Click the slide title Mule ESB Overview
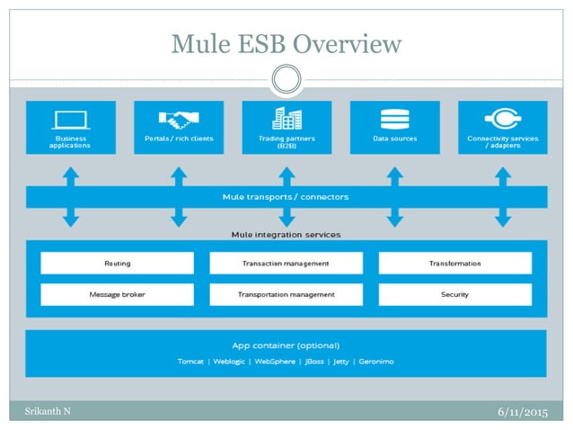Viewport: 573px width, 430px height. [286, 42]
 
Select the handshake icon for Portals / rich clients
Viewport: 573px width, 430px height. [179, 118]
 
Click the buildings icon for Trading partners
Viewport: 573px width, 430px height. [286, 117]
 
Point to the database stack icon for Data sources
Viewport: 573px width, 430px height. [394, 118]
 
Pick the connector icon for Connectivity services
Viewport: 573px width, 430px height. [502, 118]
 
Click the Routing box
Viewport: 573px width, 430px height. [117, 263]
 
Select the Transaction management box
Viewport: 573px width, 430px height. [286, 263]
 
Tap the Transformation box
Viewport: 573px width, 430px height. [454, 263]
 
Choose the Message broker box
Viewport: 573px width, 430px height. [117, 294]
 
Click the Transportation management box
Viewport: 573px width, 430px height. [286, 294]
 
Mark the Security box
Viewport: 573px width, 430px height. [454, 294]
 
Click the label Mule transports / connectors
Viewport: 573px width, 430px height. [286, 196]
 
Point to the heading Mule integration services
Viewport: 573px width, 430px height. [286, 235]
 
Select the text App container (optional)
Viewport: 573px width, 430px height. [286, 345]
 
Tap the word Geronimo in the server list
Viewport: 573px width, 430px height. [375, 361]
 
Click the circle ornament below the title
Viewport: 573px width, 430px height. [286, 79]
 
